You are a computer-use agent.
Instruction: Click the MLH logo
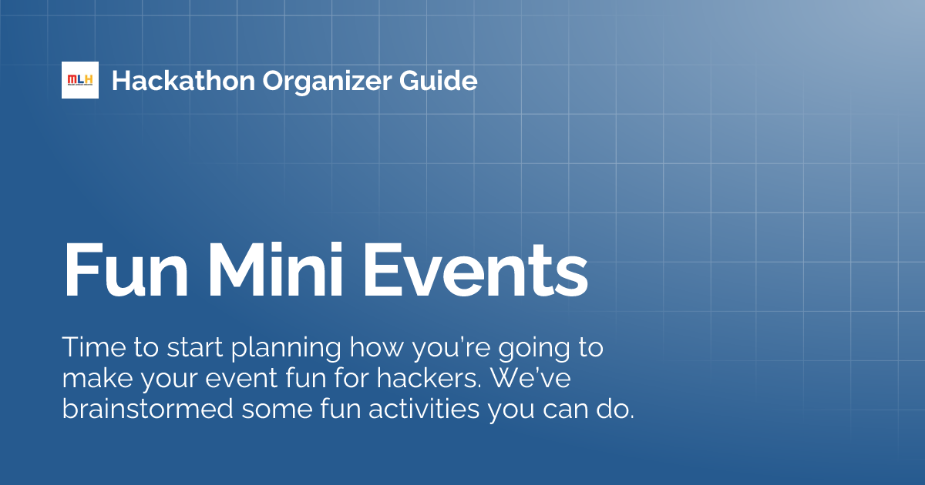point(80,80)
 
